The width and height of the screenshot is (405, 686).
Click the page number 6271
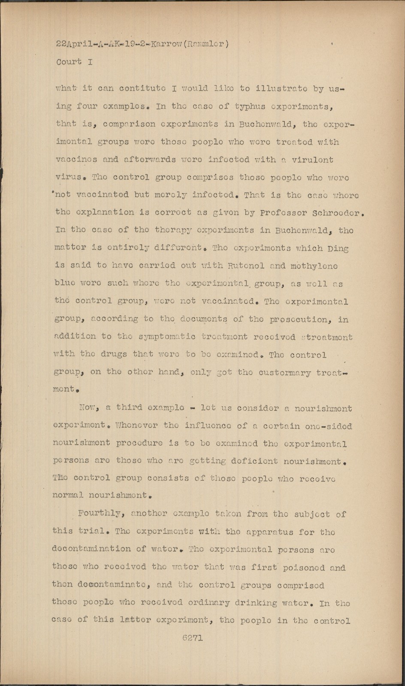(192, 638)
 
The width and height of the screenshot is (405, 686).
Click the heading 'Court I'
(75, 61)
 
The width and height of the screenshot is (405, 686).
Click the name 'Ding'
(339, 248)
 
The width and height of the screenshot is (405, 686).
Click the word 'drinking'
(256, 603)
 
